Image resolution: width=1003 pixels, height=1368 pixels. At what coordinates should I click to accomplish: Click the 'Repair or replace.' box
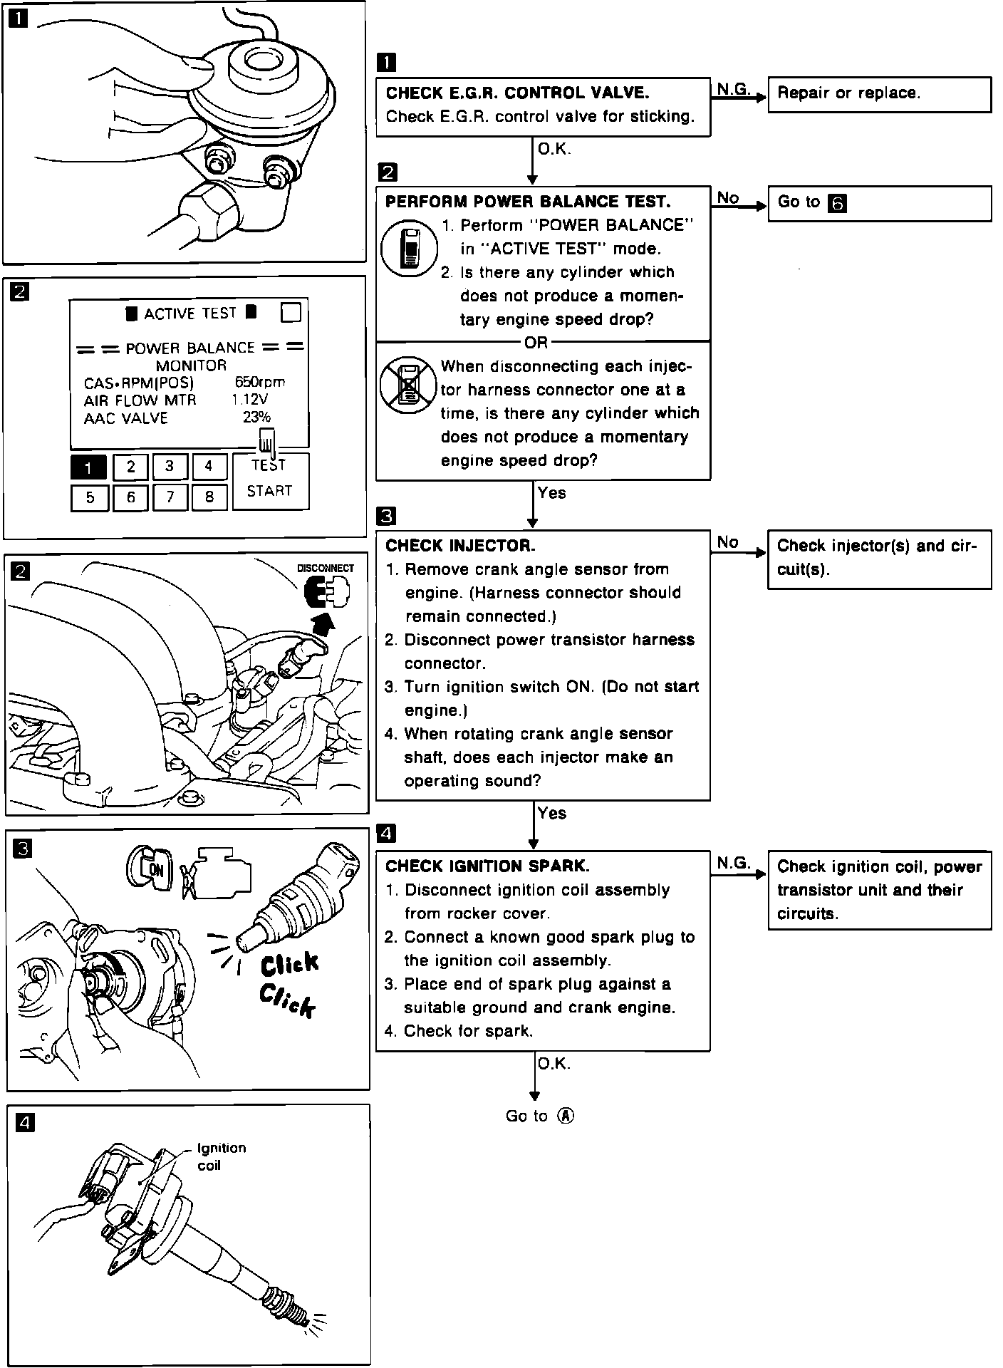tap(879, 94)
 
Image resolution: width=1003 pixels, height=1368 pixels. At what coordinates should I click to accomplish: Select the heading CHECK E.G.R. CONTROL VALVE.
tap(517, 93)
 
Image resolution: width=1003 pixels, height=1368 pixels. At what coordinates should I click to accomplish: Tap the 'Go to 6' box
tap(879, 203)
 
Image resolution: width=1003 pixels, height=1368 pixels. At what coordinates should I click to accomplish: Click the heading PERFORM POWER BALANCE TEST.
tap(527, 202)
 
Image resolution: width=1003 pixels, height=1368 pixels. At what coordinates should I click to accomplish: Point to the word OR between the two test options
tap(536, 343)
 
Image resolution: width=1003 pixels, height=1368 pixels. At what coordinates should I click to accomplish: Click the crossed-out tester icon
tap(407, 385)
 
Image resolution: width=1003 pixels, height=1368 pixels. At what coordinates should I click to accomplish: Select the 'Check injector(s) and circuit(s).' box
tap(879, 558)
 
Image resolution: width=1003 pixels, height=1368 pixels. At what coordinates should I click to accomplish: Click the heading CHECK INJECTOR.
tap(460, 546)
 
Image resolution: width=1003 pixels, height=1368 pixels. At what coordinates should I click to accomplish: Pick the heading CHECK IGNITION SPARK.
tap(487, 866)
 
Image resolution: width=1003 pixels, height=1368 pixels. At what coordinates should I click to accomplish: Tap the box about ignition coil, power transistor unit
tap(879, 890)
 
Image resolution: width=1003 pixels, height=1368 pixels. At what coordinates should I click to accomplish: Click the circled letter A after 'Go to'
tap(566, 1116)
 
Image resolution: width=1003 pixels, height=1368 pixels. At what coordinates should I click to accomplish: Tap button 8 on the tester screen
tap(209, 497)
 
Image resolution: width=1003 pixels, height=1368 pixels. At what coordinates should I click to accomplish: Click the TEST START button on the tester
tap(270, 479)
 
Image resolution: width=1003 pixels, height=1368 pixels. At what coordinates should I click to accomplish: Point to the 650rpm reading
tap(259, 383)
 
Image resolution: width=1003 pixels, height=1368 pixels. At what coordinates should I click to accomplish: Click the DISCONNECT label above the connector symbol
tap(325, 569)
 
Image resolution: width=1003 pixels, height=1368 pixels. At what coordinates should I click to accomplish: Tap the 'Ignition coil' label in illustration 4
tap(221, 1156)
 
